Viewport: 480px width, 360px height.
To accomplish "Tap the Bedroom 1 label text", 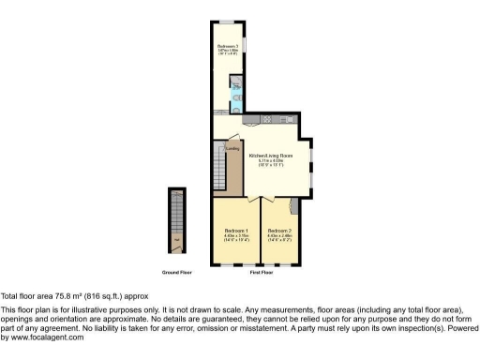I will [x=235, y=231].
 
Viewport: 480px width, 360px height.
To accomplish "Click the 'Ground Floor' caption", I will [x=177, y=272].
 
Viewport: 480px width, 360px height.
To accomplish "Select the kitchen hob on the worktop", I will [x=266, y=119].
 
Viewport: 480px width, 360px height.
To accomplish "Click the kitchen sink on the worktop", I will [x=251, y=119].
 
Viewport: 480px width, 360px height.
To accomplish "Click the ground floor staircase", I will [x=176, y=221].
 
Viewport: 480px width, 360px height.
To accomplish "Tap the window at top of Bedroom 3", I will [x=227, y=21].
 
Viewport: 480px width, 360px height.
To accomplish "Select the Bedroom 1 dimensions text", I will [x=235, y=238].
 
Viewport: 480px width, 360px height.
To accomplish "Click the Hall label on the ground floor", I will [x=176, y=249].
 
